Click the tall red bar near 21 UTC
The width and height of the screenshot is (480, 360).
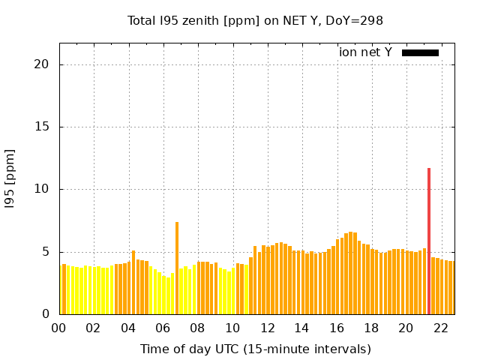429,240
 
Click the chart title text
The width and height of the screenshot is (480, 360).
255,20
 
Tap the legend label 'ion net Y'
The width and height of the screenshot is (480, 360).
365,52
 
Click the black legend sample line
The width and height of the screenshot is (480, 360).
420,52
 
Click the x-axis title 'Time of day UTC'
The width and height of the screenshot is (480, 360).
255,349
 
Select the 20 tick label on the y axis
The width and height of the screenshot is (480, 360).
42,64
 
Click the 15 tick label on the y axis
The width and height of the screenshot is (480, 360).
42,127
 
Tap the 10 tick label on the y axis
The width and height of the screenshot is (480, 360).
42,189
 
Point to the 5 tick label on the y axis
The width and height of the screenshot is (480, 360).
46,252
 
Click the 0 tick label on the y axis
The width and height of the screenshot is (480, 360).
46,314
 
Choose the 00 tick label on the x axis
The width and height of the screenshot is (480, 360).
58,328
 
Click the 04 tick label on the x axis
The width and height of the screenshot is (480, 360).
127,328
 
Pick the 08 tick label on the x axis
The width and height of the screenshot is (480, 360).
197,328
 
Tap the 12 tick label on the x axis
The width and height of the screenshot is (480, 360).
266,328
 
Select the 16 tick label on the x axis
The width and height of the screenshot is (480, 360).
336,328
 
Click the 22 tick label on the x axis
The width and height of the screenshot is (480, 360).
440,328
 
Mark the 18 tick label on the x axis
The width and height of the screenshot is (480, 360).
370,328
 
